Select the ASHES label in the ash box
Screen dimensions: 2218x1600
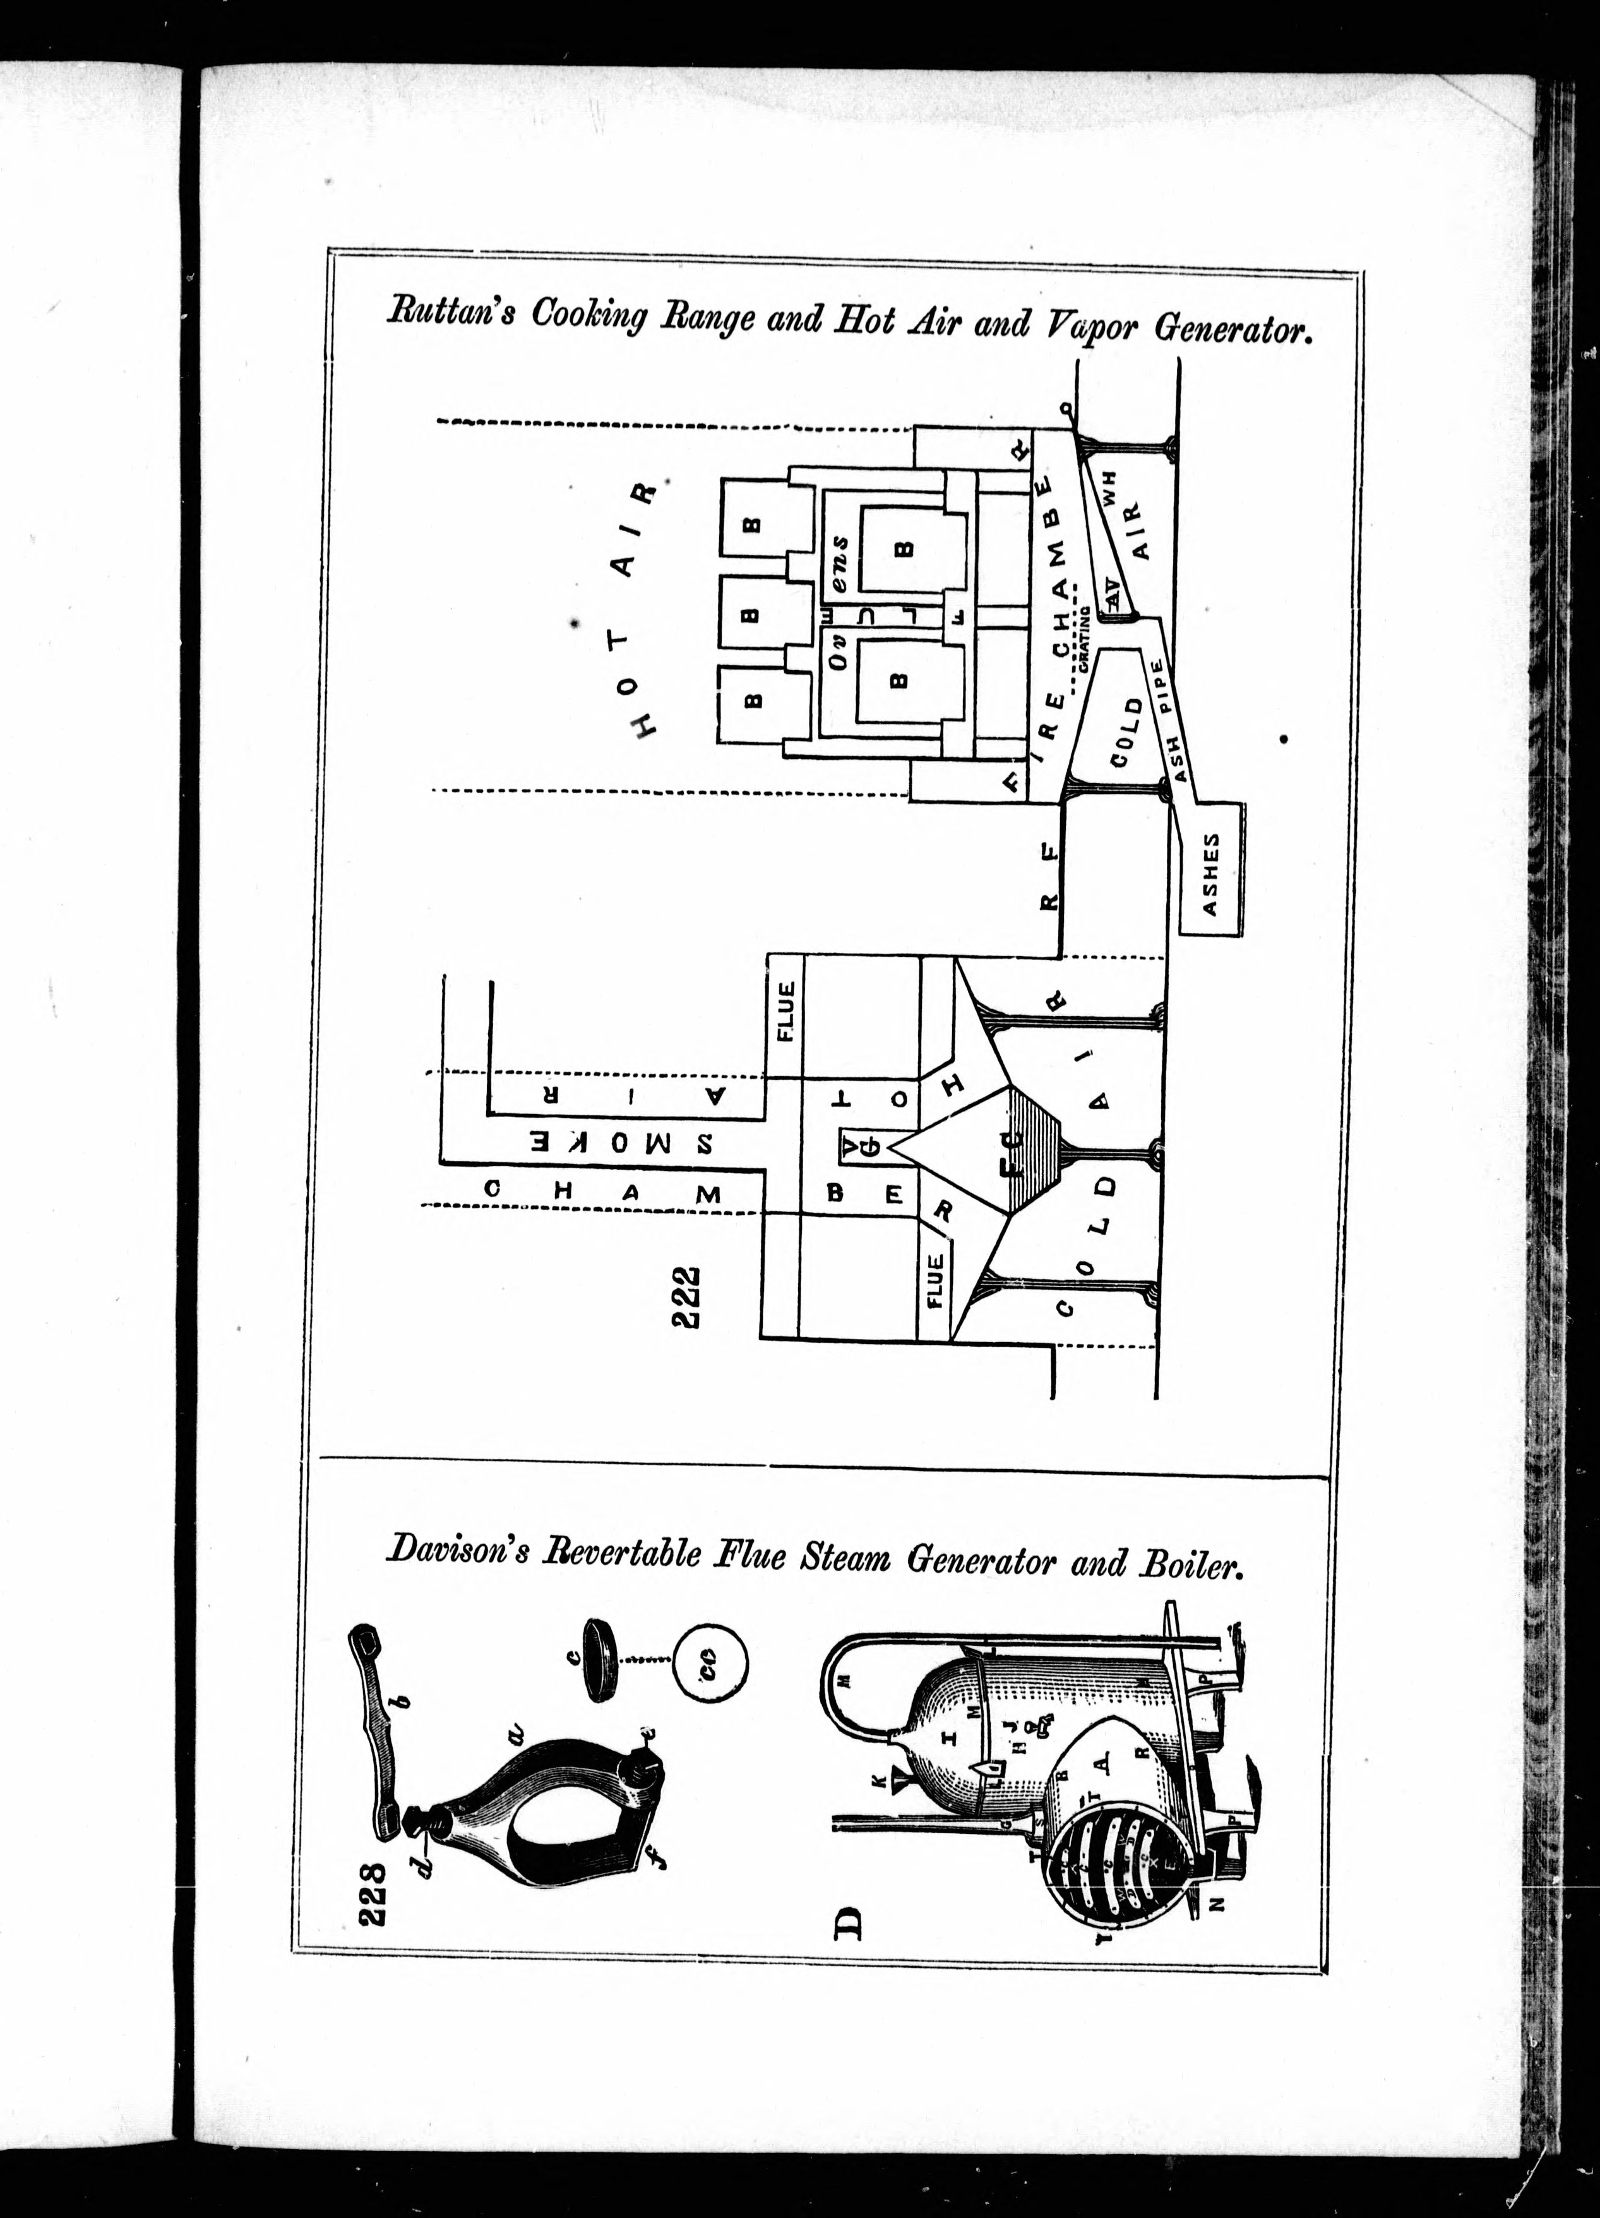tap(1211, 873)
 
